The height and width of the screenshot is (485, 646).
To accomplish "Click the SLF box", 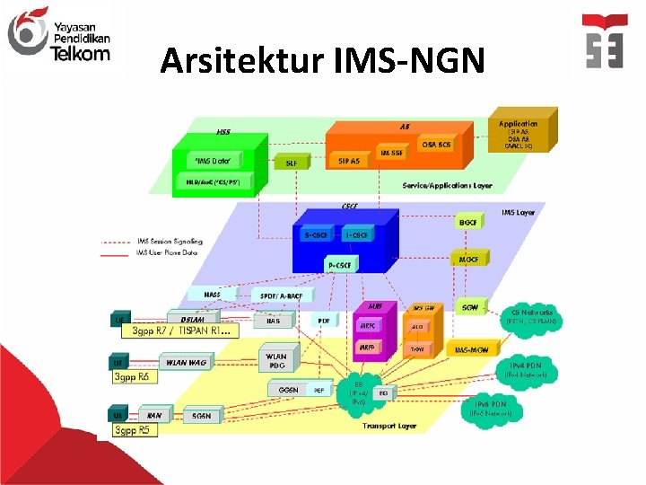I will click(x=292, y=164).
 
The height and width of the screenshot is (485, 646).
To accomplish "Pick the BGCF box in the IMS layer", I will click(x=467, y=222).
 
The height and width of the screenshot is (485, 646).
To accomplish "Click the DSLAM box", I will click(x=192, y=319).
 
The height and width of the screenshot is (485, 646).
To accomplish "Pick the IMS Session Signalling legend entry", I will click(x=170, y=242).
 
